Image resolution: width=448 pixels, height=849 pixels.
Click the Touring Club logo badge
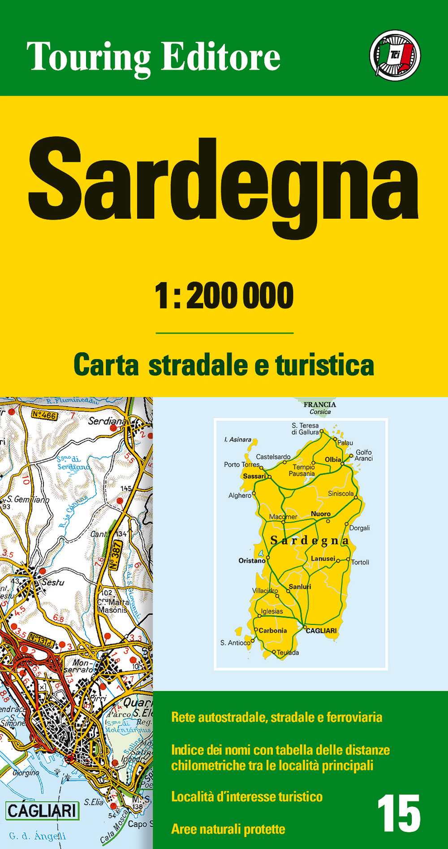[395, 56]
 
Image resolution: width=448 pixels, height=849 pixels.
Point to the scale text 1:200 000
[224, 296]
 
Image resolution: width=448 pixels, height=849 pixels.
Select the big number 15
[398, 813]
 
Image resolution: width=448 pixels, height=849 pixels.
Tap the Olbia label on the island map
[333, 459]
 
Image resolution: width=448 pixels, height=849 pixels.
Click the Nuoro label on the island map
[321, 514]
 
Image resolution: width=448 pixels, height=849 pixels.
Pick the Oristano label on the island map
[252, 560]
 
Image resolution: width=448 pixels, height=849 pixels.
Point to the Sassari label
[254, 476]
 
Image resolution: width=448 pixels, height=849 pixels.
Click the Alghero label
[240, 495]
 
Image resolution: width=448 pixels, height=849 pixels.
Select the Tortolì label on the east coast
[360, 562]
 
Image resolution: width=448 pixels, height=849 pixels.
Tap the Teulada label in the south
[288, 653]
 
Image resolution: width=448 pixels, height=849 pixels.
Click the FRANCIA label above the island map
[319, 404]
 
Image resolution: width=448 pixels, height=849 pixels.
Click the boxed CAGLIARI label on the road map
[42, 810]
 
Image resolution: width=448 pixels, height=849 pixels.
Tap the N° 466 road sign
[44, 415]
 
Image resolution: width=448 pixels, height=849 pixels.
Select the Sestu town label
[53, 582]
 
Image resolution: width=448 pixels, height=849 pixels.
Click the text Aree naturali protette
[228, 829]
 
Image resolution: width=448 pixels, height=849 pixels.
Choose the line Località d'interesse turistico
[247, 797]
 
